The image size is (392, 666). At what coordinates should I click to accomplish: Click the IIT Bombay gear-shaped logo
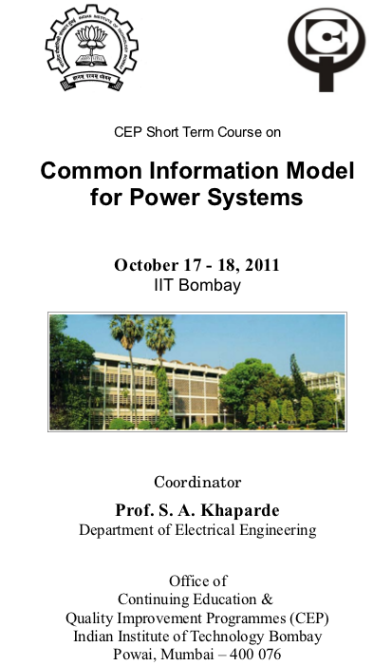pos(92,48)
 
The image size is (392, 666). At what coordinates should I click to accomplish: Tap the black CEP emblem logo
pos(327,48)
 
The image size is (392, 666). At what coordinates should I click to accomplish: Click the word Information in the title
pos(215,171)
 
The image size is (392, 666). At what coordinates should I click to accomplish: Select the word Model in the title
pos(320,171)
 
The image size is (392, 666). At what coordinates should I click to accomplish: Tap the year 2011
pos(262,265)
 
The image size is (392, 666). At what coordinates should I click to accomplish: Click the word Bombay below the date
pos(210,285)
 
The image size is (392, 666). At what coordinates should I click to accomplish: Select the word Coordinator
pos(197,482)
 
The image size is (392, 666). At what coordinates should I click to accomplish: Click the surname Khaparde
pos(240,510)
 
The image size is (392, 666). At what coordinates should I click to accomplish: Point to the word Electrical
pos(205,530)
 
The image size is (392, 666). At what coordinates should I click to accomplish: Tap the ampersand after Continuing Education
pos(268,599)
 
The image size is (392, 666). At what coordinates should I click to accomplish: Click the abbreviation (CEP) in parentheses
pos(309,618)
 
